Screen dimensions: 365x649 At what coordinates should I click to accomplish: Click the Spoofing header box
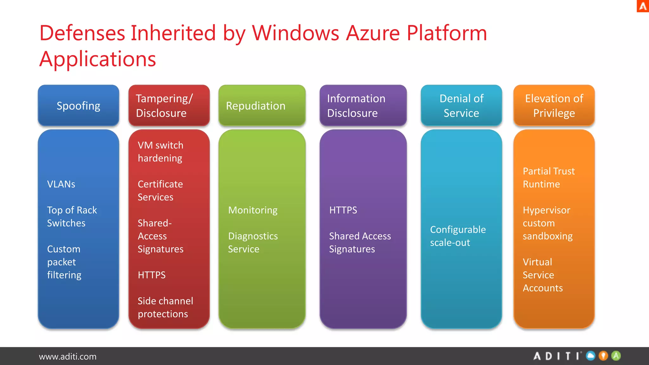78,106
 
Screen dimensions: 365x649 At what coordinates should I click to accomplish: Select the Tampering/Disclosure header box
169,106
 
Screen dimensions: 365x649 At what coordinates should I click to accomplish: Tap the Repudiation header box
262,106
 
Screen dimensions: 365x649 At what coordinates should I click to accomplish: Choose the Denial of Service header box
461,106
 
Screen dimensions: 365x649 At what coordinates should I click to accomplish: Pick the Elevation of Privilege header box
554,106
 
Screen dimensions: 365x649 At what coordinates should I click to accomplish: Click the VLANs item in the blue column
61,184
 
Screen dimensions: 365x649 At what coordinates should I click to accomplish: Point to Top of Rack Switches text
72,216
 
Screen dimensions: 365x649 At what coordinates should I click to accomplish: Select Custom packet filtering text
64,262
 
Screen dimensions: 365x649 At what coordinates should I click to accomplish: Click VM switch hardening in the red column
160,151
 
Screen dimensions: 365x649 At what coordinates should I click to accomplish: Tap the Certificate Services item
160,190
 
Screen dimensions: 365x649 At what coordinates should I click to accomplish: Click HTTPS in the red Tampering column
151,275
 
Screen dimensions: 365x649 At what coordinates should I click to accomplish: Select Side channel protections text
165,307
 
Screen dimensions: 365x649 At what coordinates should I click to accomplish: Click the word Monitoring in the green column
253,210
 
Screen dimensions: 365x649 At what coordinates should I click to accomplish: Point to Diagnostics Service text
253,242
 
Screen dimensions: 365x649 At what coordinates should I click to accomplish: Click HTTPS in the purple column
343,210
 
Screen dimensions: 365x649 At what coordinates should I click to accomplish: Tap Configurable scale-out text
458,236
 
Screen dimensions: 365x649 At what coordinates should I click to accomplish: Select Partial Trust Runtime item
548,177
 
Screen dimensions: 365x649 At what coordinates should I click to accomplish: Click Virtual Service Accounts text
543,275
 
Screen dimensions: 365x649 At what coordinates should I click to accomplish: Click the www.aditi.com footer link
67,356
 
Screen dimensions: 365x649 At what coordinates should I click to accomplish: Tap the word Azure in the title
373,33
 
